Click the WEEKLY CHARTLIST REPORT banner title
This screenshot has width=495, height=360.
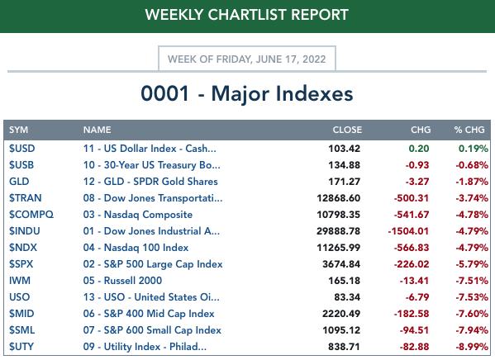[247, 15]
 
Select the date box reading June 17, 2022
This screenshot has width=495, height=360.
[247, 59]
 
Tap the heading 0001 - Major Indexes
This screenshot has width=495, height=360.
[247, 93]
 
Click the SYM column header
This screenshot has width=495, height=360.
[19, 130]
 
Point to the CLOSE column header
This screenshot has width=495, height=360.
[347, 130]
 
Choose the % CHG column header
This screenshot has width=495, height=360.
[469, 130]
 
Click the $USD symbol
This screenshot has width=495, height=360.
[21, 149]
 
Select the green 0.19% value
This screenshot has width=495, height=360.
[474, 149]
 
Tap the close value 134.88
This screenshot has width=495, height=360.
[345, 165]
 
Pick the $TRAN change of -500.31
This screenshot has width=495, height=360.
[412, 198]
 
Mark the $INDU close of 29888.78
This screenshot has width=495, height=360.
[339, 231]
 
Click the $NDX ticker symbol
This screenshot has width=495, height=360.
[23, 248]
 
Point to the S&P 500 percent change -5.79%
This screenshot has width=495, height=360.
[472, 264]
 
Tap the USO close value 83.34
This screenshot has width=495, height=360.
[347, 297]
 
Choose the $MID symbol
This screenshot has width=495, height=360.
[21, 313]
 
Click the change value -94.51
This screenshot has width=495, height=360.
[414, 330]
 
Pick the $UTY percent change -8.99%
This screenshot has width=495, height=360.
[472, 347]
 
